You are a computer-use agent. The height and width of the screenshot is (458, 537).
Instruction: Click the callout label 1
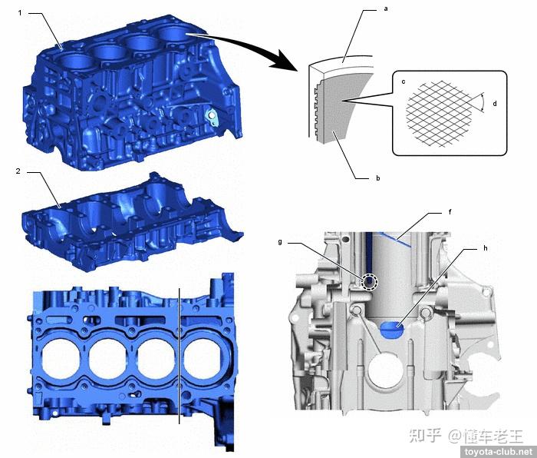20,13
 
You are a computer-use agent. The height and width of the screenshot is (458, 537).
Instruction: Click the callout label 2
18,171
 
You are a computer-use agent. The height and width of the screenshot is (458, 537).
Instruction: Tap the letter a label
386,9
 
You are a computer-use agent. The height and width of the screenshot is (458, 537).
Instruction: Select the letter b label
377,178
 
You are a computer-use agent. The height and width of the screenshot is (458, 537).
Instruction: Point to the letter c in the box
404,81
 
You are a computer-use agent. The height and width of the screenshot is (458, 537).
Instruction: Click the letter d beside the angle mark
495,103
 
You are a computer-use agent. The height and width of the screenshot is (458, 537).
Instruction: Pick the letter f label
450,212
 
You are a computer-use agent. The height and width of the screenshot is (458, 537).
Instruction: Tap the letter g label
280,242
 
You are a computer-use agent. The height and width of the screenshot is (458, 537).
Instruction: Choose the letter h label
486,248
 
